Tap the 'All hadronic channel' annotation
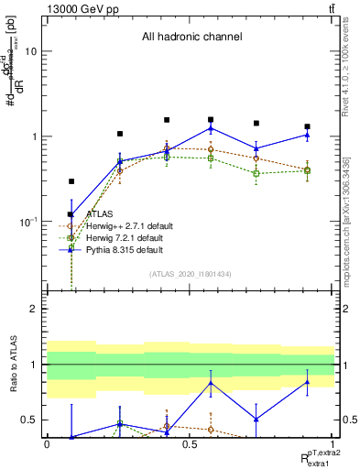[191, 38]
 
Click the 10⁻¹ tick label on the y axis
[27, 222]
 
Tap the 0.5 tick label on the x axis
[190, 444]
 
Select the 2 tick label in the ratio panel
[35, 309]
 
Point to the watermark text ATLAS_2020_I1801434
[191, 274]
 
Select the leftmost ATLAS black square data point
[71, 181]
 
